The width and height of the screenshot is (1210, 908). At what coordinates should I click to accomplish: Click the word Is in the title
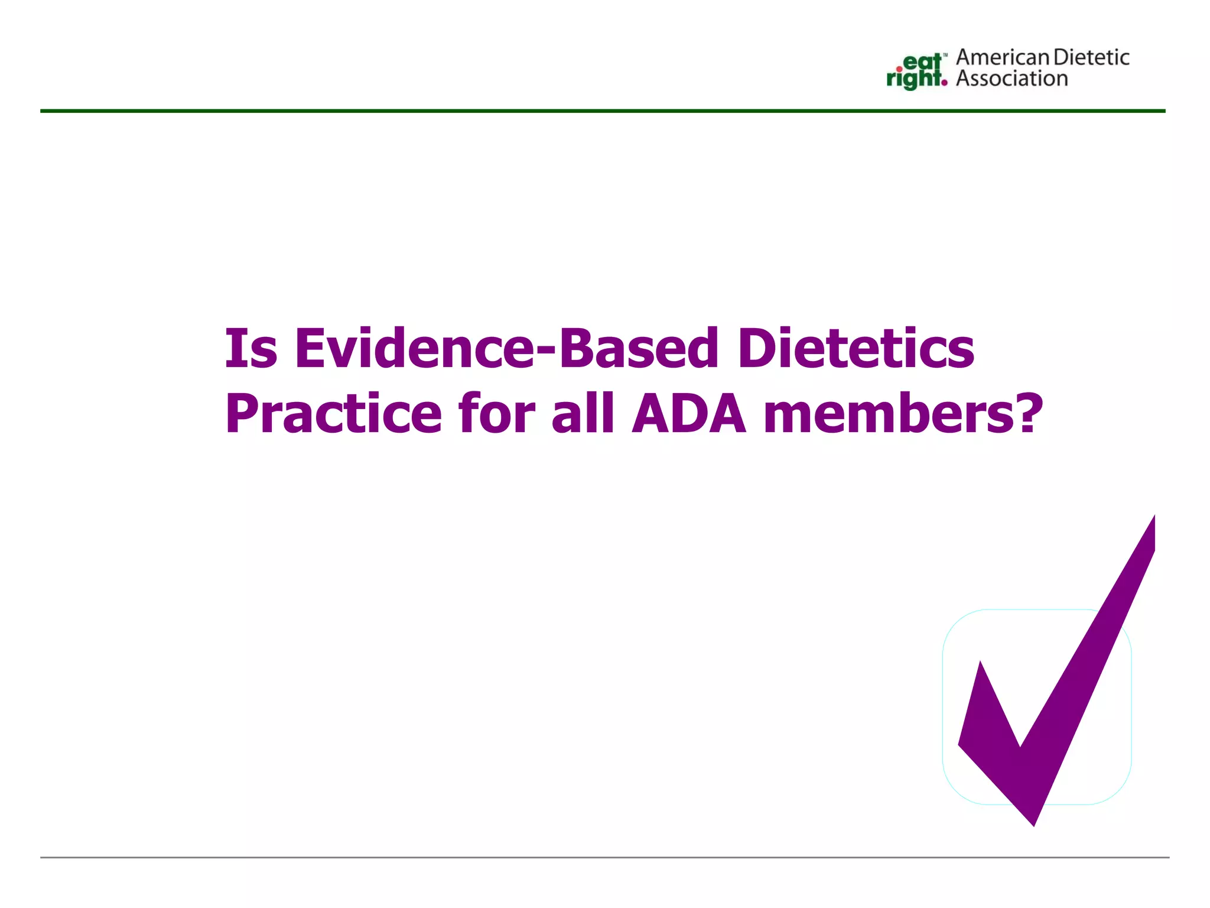pos(251,348)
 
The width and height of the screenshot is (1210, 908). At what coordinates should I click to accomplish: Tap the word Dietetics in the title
pos(856,348)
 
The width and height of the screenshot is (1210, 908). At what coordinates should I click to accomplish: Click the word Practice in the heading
pos(333,414)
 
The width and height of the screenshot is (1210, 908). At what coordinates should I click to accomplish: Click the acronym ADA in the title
pos(689,414)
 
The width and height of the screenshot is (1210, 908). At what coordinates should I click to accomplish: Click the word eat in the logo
pos(922,62)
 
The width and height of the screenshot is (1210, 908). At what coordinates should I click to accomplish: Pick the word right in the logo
pos(913,79)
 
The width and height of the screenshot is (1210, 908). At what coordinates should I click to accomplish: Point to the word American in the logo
pos(1003,57)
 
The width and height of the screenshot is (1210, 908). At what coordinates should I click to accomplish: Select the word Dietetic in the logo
pos(1091,57)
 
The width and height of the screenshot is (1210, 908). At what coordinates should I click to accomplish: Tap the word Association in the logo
pos(1012,79)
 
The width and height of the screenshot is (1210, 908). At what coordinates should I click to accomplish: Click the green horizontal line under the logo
pos(603,111)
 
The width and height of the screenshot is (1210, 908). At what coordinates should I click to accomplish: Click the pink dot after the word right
pos(944,83)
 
